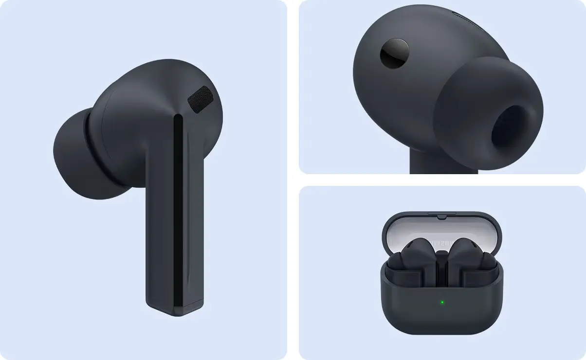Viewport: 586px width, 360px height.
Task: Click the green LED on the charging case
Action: [442, 302]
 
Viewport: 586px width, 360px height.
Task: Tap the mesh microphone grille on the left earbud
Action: [201, 100]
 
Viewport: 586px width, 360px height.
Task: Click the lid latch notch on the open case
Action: [441, 215]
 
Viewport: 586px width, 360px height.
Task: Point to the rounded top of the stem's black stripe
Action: [178, 118]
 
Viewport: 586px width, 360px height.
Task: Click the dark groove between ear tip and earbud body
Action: [95, 151]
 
